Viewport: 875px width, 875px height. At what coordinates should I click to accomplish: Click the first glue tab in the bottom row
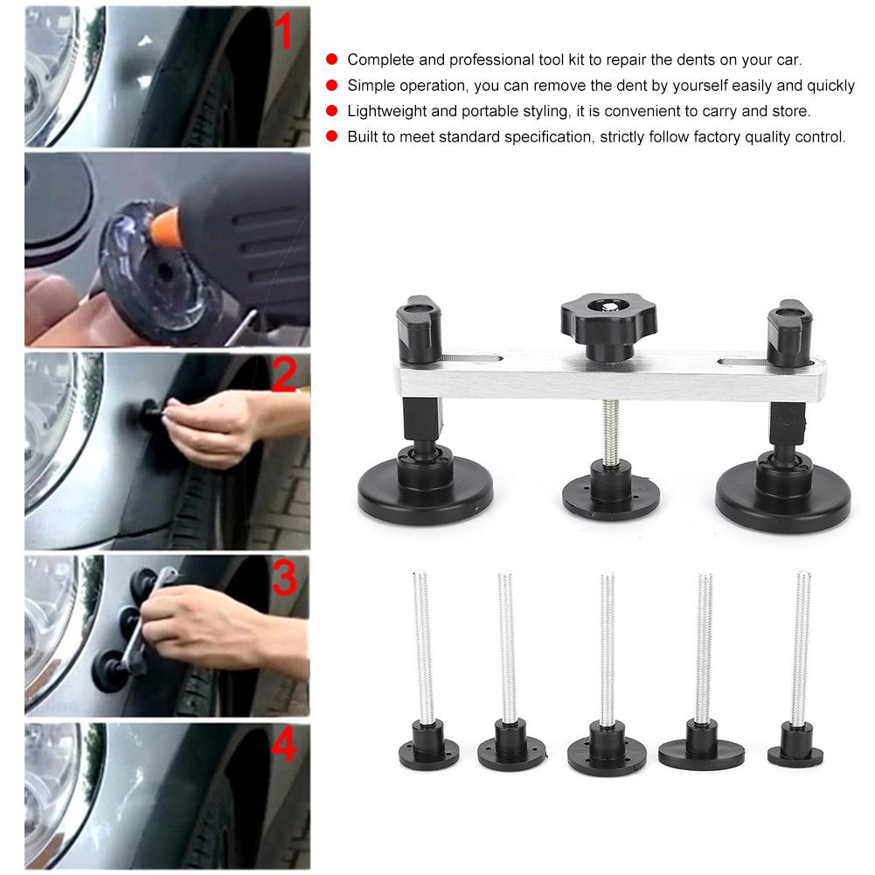click(428, 747)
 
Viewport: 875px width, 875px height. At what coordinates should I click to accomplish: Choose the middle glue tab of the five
click(607, 750)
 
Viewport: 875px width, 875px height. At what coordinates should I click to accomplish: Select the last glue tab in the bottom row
click(795, 748)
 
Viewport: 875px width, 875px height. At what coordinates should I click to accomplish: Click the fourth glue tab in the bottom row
click(701, 748)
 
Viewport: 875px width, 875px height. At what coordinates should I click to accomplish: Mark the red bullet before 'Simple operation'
click(331, 86)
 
